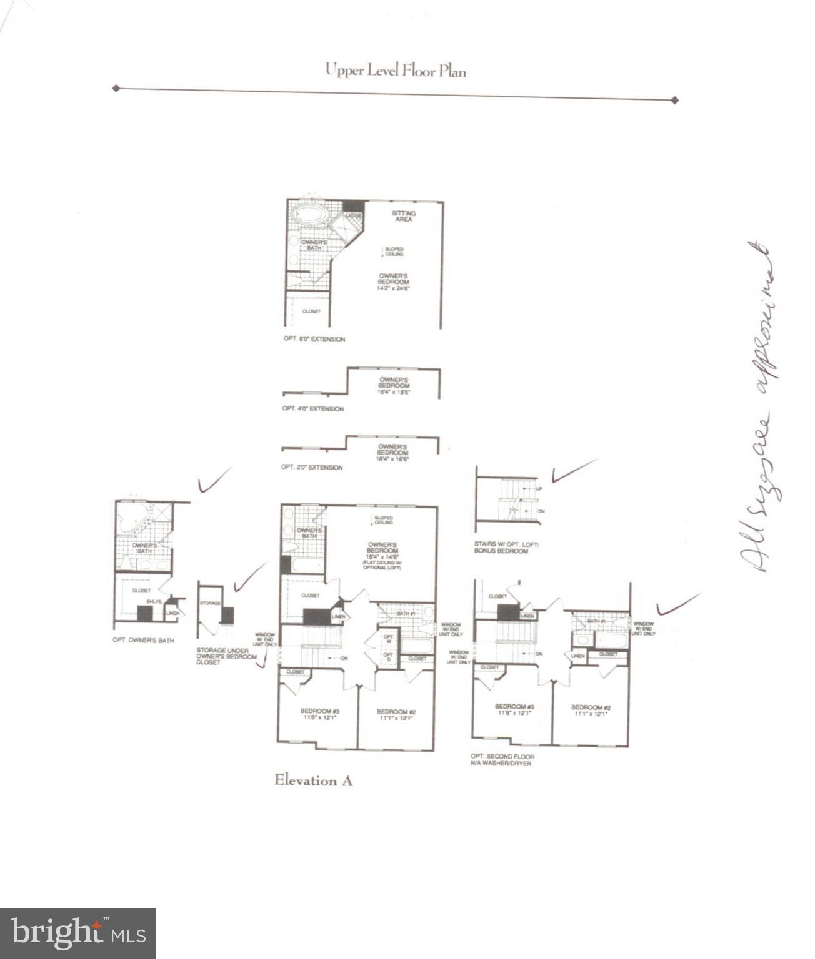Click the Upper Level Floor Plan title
tap(395, 70)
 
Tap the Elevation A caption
tap(313, 780)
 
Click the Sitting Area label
tap(404, 217)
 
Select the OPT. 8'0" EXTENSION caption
tap(314, 339)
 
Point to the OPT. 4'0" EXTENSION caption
tap(312, 409)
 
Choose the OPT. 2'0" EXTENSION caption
tap(311, 467)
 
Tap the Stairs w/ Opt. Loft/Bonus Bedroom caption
tap(506, 548)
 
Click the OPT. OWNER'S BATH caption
tap(143, 640)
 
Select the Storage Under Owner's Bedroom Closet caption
tap(226, 656)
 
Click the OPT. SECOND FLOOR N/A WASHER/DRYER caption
tap(502, 760)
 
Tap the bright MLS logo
tap(77, 933)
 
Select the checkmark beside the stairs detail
tap(573, 470)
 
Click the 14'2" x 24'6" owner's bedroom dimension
tap(394, 288)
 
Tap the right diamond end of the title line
tap(674, 100)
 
